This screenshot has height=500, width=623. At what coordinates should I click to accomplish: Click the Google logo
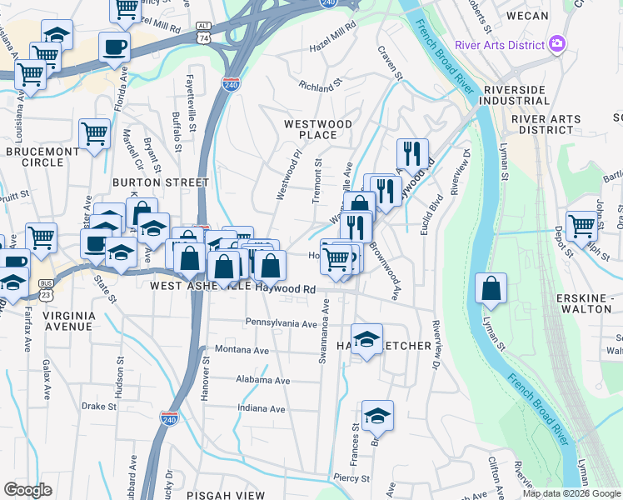[27, 489]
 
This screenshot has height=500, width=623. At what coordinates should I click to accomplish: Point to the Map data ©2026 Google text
[571, 494]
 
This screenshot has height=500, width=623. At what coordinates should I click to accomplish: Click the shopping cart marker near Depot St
[581, 225]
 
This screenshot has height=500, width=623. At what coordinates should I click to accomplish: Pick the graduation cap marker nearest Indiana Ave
[377, 415]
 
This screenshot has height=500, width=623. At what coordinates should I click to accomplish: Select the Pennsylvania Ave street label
[282, 322]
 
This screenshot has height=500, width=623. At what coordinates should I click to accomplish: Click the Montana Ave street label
[242, 351]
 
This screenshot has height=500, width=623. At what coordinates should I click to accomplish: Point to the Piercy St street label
[351, 478]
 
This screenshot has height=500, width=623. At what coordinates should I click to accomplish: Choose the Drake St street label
[98, 407]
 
